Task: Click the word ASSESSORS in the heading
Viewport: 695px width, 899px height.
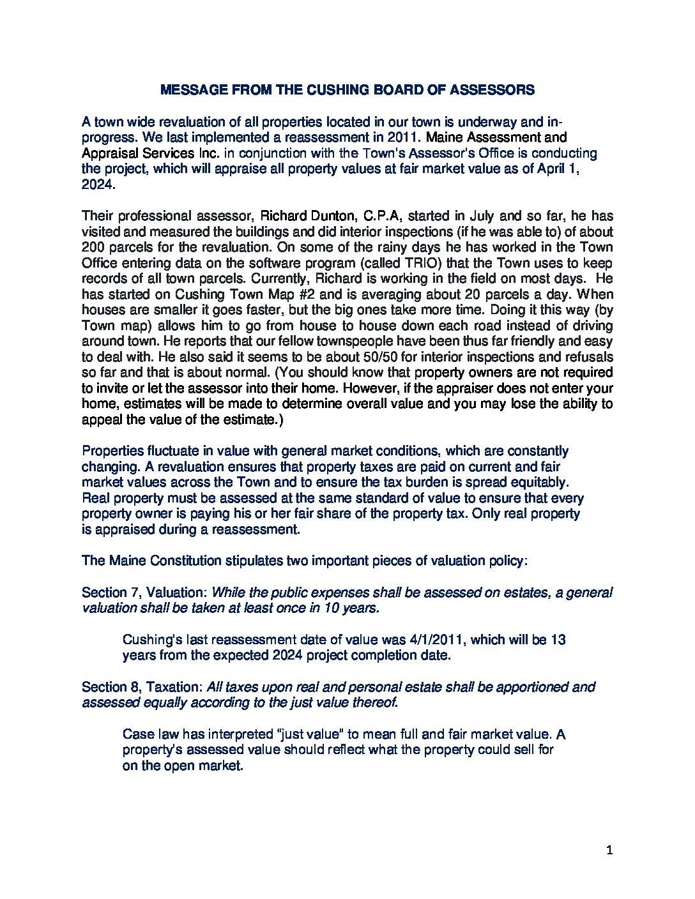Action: point(492,90)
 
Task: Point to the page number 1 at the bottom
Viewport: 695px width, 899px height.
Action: point(609,850)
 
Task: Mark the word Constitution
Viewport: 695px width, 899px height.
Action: point(185,561)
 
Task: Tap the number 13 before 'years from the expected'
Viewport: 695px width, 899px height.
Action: point(558,639)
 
